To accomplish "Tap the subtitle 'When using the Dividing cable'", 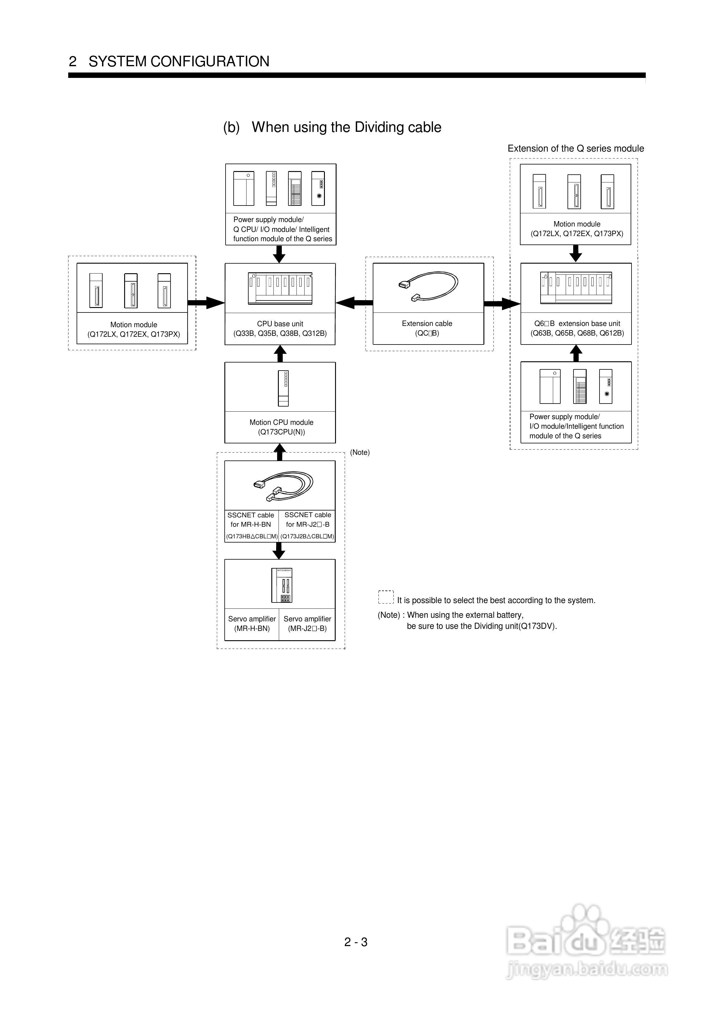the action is tap(346, 127).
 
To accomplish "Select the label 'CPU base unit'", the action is tap(280, 324).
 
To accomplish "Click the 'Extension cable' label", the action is tap(427, 324).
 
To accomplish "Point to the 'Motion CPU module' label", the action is tap(282, 422).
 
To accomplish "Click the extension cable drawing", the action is tap(428, 286).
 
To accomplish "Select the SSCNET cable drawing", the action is tap(283, 486).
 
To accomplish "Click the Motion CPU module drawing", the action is tap(283, 389).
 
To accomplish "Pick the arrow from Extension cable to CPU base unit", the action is tap(354, 303).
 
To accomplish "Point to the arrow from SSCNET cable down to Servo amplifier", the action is tap(279, 551).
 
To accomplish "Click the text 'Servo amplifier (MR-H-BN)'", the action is tap(252, 624).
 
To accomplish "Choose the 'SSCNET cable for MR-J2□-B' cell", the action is tap(307, 525).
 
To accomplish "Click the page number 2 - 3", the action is tap(356, 942).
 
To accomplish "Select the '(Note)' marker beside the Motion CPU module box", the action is tap(360, 452).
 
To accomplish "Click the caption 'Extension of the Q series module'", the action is tap(576, 149).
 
